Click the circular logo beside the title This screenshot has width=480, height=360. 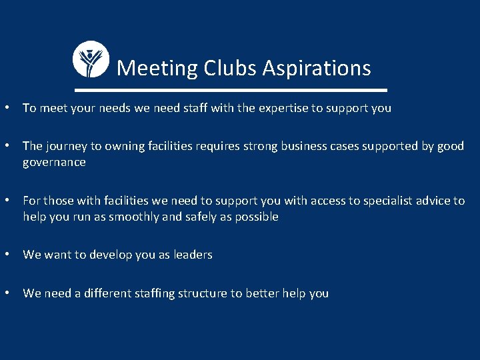[90, 59]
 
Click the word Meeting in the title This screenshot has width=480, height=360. [157, 68]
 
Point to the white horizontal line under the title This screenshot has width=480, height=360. [231, 89]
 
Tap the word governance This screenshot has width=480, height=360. [54, 163]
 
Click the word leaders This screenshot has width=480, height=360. [193, 255]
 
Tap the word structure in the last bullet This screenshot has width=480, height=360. [199, 293]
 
